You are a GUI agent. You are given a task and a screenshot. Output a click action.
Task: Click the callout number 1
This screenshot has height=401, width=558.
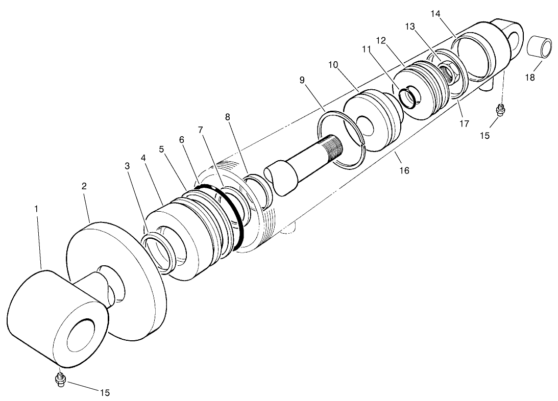tap(36, 209)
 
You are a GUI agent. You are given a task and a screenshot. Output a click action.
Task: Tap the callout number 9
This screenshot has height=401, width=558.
tap(302, 80)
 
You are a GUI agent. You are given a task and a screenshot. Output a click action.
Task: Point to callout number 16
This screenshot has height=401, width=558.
tap(404, 170)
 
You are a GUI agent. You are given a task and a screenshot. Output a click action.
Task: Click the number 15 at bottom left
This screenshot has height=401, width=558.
tap(104, 392)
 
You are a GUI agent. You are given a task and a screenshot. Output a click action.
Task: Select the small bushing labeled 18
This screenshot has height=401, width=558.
tap(540, 48)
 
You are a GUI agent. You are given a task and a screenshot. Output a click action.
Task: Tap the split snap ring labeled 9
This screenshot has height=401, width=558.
tap(341, 138)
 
